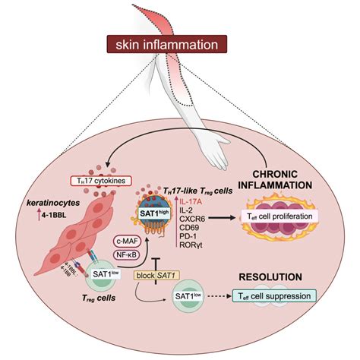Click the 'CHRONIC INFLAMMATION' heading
pos(293,178)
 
